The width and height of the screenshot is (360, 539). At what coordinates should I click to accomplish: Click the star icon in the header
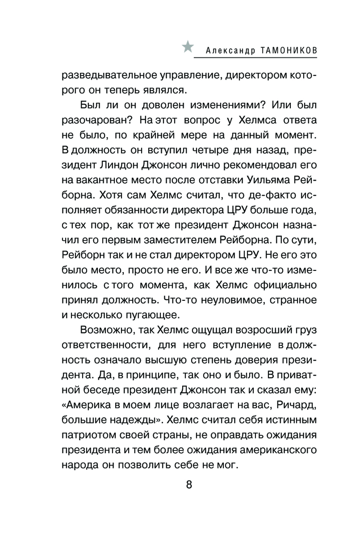188,47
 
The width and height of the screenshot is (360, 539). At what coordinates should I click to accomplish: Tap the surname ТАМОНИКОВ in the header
286,51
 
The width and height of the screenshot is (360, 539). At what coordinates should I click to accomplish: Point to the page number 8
189,484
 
